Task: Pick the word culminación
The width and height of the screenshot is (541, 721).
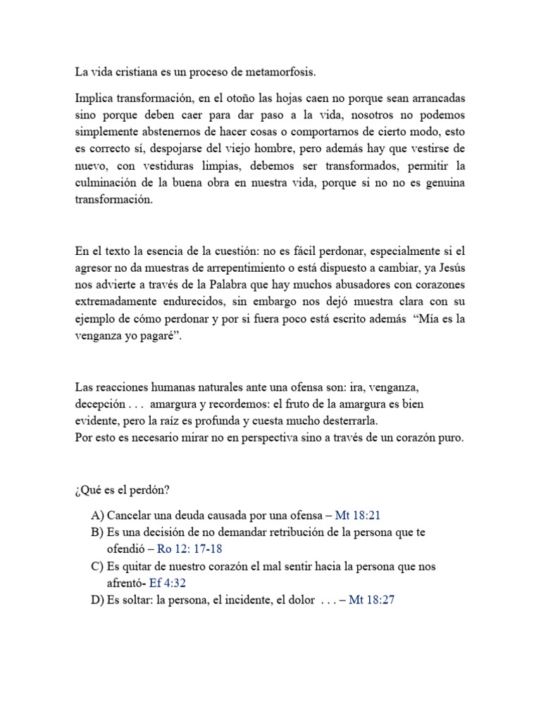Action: tap(112, 182)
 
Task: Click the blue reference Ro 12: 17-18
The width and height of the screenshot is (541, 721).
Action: tap(189, 548)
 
